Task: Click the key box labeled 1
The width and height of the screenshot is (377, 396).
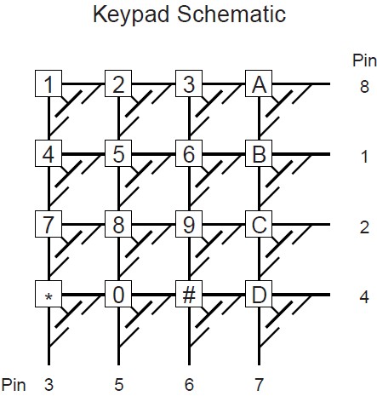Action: pos(49,83)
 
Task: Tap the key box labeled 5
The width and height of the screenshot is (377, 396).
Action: pos(118,153)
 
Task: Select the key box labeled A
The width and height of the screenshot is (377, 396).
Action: pos(259,83)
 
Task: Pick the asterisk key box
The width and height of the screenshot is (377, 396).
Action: pos(49,294)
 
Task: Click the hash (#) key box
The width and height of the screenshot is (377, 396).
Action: pos(189,294)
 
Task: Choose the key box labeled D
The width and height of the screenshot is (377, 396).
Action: pos(259,294)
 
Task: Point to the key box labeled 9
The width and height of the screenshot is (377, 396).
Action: pos(189,224)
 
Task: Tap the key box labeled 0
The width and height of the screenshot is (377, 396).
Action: pos(118,294)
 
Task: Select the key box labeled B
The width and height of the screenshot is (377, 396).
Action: pos(259,153)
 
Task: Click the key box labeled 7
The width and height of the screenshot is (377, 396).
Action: pos(49,224)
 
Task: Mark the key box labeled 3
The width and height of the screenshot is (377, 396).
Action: pos(189,83)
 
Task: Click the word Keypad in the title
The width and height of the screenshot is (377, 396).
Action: pos(131,14)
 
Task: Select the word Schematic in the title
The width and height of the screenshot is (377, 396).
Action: pos(231,14)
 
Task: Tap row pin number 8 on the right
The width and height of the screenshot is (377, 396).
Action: pos(364,87)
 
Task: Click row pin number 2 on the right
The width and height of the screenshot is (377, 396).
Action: pos(364,227)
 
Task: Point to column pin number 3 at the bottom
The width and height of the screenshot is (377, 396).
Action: pos(49,385)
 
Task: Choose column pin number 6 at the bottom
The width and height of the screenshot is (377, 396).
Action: pos(189,385)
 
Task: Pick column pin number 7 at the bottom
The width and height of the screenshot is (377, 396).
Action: pos(259,385)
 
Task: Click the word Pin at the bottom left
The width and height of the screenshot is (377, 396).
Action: pos(14,385)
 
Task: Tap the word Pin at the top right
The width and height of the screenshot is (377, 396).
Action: pos(364,60)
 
